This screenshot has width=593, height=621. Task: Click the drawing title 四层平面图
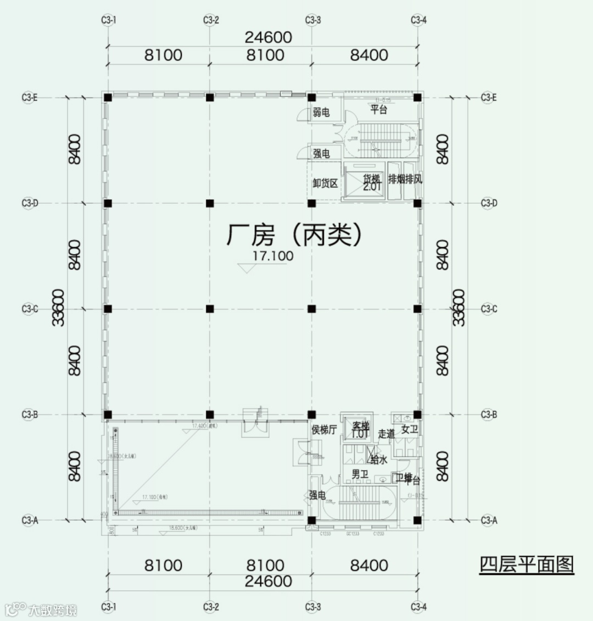point(526,564)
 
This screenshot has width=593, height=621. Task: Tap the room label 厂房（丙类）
point(295,235)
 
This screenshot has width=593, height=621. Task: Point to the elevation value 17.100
point(273,256)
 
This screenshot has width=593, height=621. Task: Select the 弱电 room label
point(321,113)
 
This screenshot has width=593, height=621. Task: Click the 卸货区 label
point(325,183)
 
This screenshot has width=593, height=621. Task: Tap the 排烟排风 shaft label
point(405,179)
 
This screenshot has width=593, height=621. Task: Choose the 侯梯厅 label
point(324,430)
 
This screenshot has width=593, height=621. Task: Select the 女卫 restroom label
point(410,429)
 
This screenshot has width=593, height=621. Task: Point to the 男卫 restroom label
point(360,474)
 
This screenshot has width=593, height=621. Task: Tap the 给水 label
point(379,459)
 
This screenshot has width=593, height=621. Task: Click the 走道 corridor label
point(387,434)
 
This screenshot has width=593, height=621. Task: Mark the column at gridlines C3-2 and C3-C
point(210,309)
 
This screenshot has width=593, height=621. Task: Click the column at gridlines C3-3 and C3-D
point(312,203)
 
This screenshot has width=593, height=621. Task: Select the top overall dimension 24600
point(268,37)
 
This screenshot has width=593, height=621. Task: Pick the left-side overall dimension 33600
point(59,308)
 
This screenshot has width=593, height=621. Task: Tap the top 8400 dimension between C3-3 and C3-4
point(369,55)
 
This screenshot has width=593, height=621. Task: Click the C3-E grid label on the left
point(30,98)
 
